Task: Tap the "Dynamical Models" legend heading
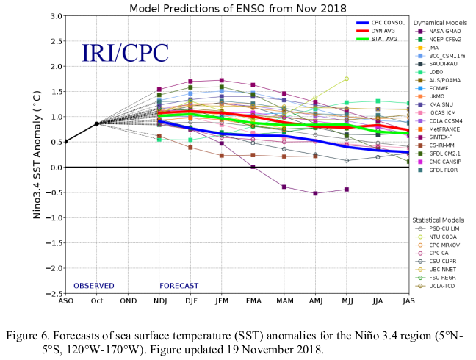(443, 23)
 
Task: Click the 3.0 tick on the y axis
(55, 16)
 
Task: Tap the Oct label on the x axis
(97, 300)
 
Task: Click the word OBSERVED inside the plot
(94, 285)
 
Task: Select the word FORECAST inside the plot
(178, 285)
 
